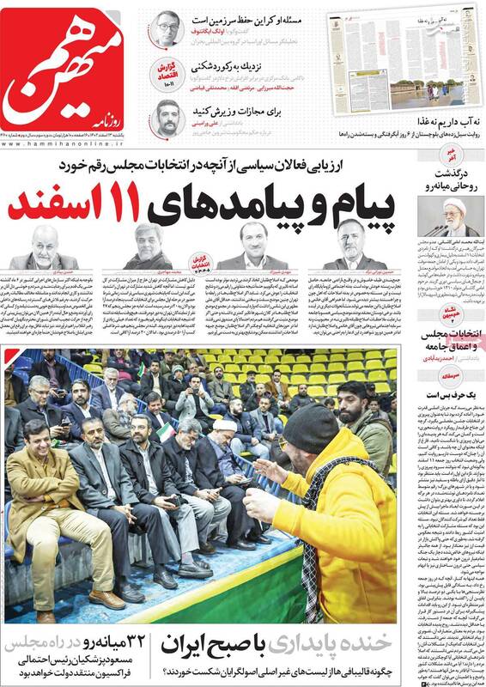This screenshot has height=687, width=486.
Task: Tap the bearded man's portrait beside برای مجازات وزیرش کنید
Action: click(166, 116)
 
